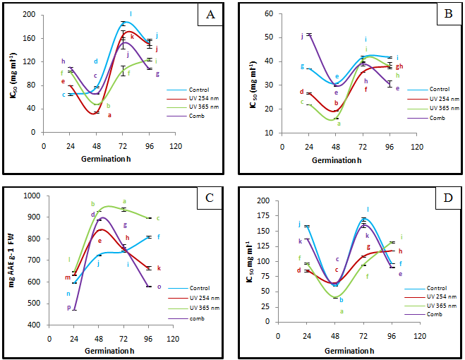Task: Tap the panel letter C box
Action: (x=208, y=198)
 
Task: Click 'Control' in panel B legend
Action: (x=439, y=89)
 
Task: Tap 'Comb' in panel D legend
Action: (x=435, y=313)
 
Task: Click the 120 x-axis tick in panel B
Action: (x=417, y=147)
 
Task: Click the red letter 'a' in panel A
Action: (x=109, y=115)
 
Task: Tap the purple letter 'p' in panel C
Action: (x=68, y=308)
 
